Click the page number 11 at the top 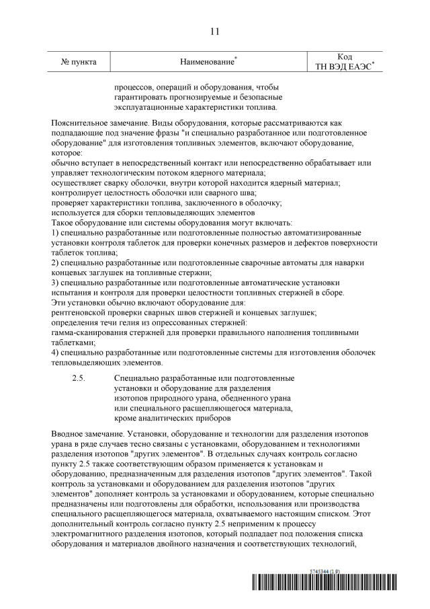pos(215,32)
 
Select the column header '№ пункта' pos(79,62)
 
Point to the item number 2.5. pos(79,379)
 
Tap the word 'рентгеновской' pos(81,312)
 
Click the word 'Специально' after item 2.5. pos(138,379)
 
